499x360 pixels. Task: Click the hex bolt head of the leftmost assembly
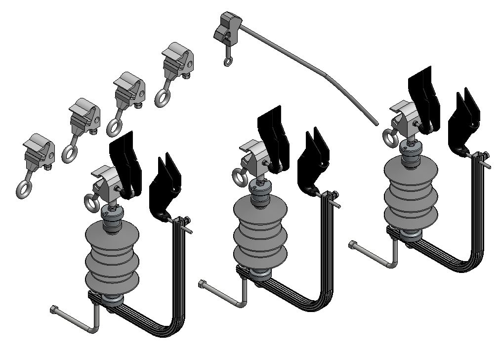pyautogui.click(x=54, y=310)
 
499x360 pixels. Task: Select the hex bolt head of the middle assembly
pyautogui.click(x=203, y=284)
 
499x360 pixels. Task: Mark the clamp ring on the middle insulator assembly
pyautogui.click(x=239, y=177)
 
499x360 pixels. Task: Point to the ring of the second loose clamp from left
pyautogui.click(x=69, y=153)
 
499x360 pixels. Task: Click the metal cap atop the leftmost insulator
pyautogui.click(x=111, y=214)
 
